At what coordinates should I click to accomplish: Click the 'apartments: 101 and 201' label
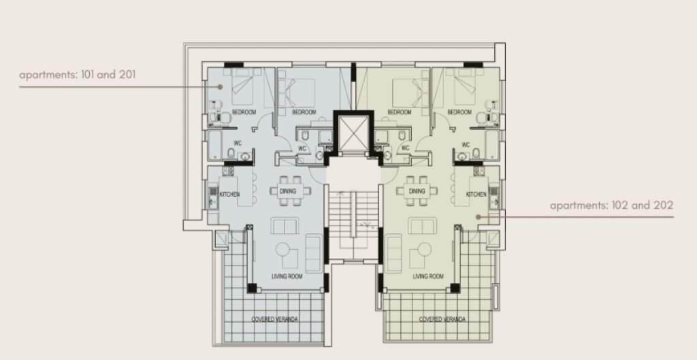78,74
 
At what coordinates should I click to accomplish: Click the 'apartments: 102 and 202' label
612,205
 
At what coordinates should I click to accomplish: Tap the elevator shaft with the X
354,133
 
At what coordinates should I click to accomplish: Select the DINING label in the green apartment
417,191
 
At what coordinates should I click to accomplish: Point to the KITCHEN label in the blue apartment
229,194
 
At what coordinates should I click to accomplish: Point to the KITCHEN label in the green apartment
476,194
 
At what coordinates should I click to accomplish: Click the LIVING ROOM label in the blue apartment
287,276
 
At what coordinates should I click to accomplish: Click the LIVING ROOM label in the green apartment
428,276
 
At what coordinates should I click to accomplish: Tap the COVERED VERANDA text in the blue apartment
275,319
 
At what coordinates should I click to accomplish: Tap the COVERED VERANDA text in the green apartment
442,319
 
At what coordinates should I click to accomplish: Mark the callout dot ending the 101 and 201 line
220,86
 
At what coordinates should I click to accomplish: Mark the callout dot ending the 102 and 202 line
479,217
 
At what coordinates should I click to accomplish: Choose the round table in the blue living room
282,249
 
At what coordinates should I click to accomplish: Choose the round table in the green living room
424,249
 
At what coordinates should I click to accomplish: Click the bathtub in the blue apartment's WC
215,145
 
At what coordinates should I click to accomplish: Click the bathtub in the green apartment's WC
492,145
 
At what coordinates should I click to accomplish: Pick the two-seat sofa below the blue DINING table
285,226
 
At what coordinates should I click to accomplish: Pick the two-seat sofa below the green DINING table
422,226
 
